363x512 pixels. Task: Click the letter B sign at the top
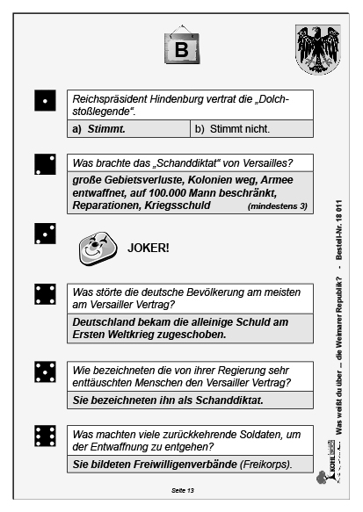click(181, 49)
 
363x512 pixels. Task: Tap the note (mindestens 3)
click(278, 206)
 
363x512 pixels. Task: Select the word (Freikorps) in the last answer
click(270, 464)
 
